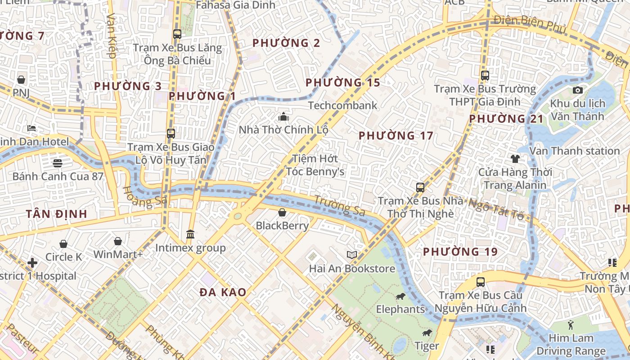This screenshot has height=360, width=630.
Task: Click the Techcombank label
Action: point(342,105)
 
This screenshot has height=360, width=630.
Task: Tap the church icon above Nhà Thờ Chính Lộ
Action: point(283,117)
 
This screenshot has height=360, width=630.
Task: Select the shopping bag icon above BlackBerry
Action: point(282,212)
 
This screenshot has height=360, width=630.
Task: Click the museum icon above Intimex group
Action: point(190,234)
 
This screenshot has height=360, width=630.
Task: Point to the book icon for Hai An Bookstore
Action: point(352,255)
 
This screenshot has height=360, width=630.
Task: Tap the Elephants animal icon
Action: point(400,296)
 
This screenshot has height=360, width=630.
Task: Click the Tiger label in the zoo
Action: point(426,346)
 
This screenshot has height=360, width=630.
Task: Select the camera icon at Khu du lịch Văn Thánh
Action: point(578,90)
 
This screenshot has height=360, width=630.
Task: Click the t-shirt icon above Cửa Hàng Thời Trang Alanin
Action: point(515,159)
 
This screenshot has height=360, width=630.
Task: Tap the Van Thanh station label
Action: point(574,151)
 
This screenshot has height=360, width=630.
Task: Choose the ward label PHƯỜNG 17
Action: point(396,135)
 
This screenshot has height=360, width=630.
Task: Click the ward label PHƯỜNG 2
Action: point(286,43)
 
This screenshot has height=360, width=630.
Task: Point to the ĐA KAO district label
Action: point(223,292)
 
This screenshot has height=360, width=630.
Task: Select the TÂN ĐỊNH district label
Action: point(56,214)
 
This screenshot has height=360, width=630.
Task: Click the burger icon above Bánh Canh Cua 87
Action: point(58,163)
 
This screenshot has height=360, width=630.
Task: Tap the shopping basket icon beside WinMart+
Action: point(118,242)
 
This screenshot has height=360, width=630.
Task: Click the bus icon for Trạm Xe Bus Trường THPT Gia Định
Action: point(485,76)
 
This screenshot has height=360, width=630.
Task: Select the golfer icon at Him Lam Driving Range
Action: point(571,324)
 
